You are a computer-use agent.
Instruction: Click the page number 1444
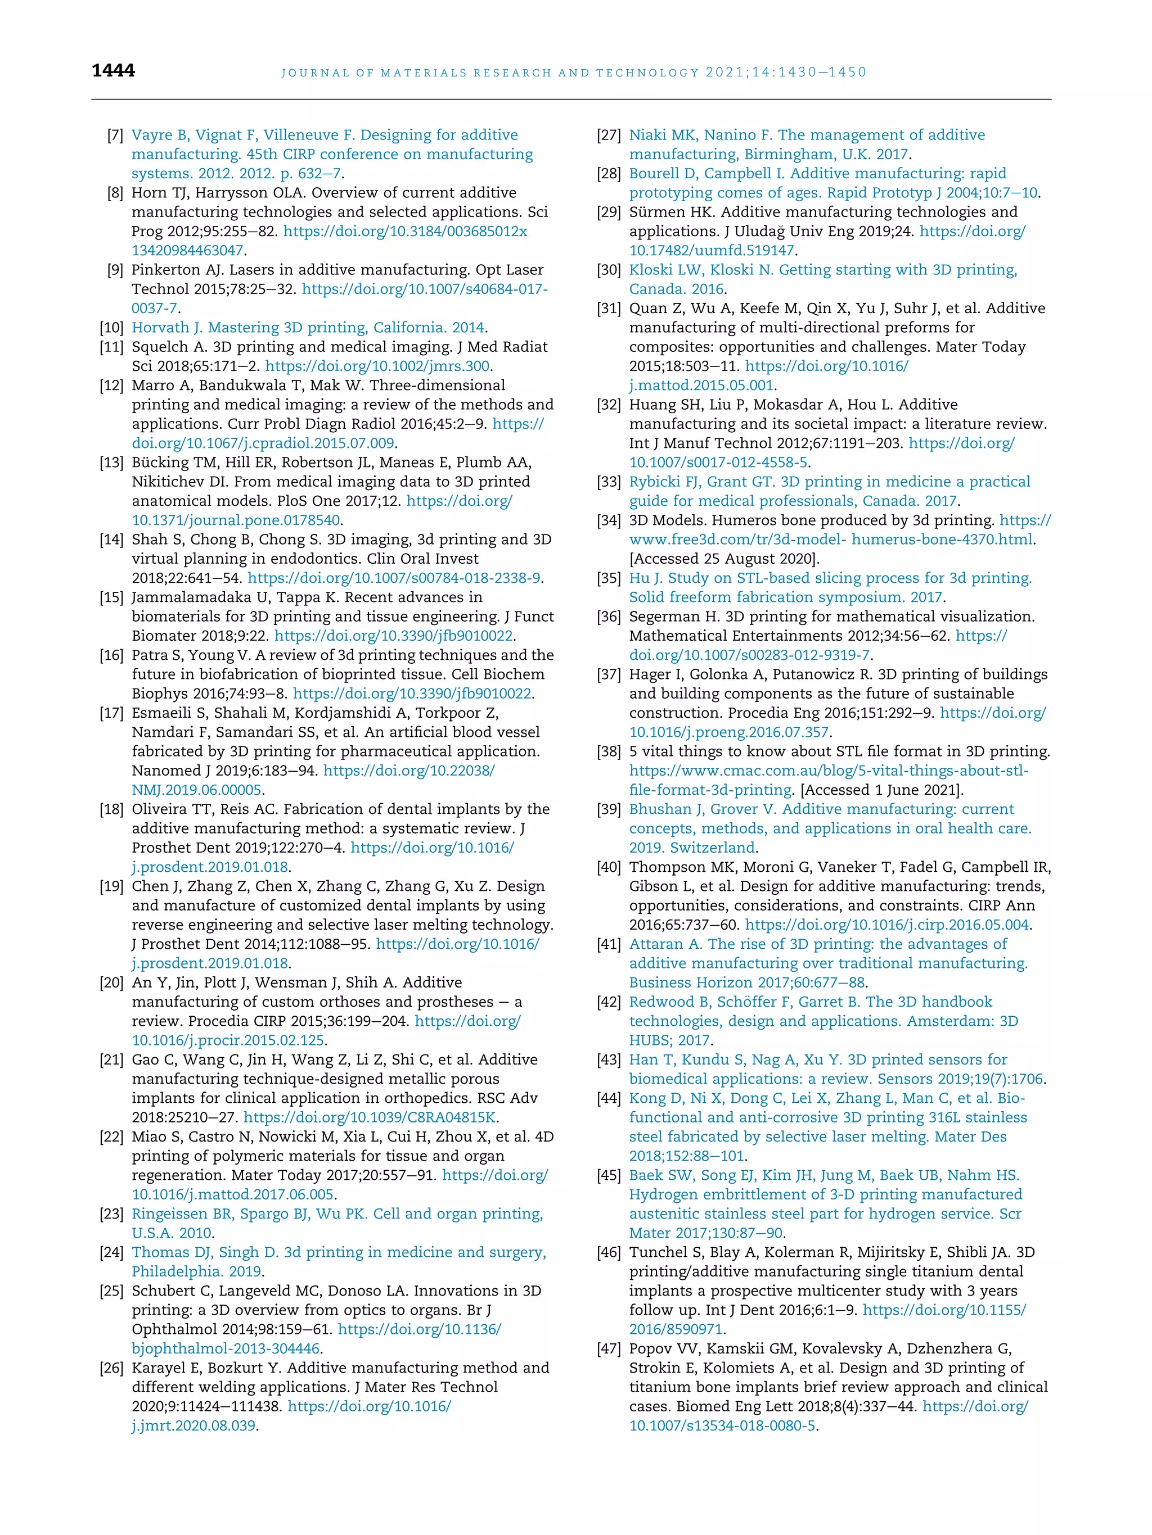coord(113,70)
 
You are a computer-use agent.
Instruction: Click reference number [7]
coord(115,135)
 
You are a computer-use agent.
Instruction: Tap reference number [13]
coord(112,463)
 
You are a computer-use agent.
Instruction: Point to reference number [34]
coord(609,520)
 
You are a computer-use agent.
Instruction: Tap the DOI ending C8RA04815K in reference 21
coord(370,1118)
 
